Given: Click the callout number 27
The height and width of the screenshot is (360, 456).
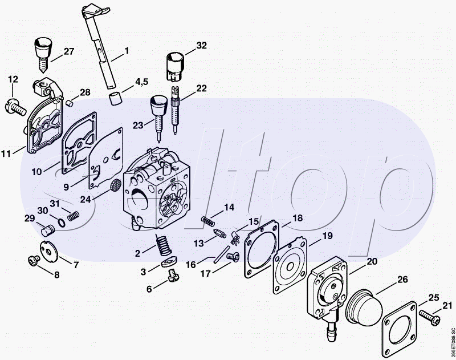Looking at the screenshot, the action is [x=69, y=51].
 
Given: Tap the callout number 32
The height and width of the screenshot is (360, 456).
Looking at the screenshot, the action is [x=201, y=45].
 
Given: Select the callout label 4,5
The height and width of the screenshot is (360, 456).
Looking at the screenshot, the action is [x=142, y=83].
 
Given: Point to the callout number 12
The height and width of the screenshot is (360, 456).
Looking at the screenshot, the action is [x=13, y=79].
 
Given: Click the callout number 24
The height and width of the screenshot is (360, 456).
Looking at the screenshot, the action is [x=85, y=199].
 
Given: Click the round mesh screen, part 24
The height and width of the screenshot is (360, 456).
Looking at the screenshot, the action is [x=114, y=185].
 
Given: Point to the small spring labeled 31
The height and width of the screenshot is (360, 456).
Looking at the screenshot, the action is [x=72, y=216].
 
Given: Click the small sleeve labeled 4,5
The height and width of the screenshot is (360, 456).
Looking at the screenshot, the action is [x=117, y=98].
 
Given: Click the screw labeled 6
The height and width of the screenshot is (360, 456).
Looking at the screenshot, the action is [x=170, y=278].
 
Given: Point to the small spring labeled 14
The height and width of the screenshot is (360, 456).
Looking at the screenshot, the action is [x=209, y=220].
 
